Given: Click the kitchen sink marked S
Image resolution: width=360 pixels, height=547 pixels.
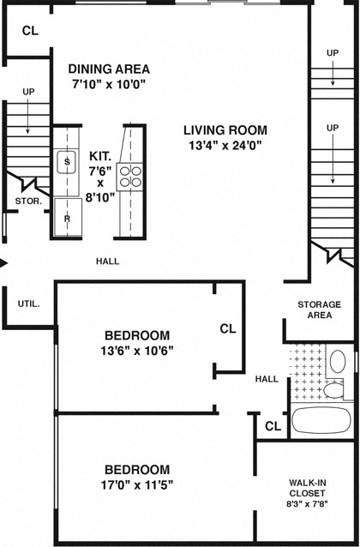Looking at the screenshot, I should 66,161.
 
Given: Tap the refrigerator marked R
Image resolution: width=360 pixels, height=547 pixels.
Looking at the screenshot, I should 65,219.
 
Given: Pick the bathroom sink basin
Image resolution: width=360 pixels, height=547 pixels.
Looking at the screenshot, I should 338,359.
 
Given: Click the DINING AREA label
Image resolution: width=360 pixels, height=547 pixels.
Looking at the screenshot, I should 109,69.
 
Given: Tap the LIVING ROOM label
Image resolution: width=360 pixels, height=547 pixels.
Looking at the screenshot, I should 225,130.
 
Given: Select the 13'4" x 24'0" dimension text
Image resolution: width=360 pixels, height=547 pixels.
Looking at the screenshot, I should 225,146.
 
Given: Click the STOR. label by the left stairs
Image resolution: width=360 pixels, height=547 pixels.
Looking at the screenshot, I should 27,201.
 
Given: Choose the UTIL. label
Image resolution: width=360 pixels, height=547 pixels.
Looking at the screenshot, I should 29,304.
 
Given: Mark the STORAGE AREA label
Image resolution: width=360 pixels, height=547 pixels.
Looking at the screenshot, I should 319,310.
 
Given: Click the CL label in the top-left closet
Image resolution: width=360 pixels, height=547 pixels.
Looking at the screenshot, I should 30,30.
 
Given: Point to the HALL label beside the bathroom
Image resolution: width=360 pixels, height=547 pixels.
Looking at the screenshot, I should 267,378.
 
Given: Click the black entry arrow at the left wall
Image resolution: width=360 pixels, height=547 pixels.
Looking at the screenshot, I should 4,262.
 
